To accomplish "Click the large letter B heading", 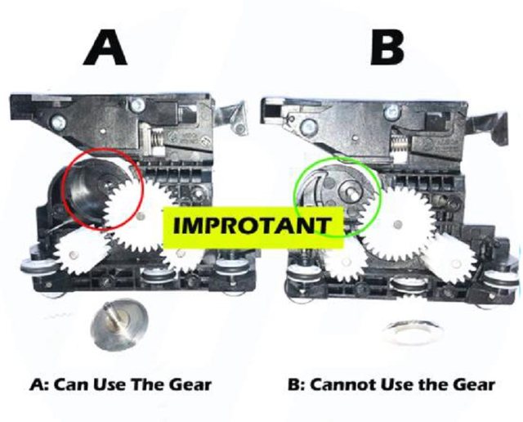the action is (387, 47).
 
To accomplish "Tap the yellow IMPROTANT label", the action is (253, 227).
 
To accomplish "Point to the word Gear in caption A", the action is (190, 384).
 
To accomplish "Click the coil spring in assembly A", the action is (157, 137).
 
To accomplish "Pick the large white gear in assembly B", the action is (397, 222).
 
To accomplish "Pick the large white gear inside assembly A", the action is (140, 216).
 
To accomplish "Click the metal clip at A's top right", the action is (233, 118).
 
